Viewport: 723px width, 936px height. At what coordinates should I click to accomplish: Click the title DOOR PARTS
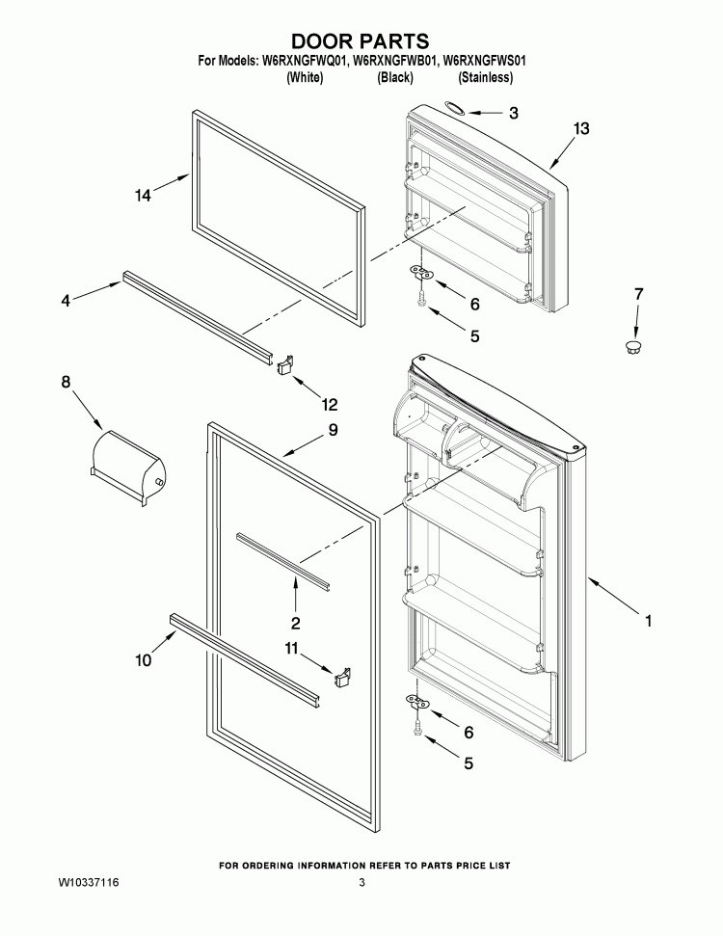tap(360, 41)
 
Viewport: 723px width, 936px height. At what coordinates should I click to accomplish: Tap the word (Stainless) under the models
tap(486, 78)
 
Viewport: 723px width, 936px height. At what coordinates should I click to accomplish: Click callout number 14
tap(143, 195)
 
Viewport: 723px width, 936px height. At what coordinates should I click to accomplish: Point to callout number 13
tap(581, 128)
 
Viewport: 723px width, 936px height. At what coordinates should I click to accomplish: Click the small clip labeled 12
tap(284, 363)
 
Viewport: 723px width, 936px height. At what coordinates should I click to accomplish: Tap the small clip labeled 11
tap(341, 678)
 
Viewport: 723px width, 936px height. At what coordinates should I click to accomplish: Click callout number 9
tap(333, 430)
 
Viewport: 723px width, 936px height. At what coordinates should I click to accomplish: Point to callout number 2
tap(296, 624)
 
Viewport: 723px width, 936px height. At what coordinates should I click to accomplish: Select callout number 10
tap(144, 660)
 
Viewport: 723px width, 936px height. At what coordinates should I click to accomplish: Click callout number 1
tap(649, 621)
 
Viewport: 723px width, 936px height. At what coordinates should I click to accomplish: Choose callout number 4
tap(66, 300)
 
